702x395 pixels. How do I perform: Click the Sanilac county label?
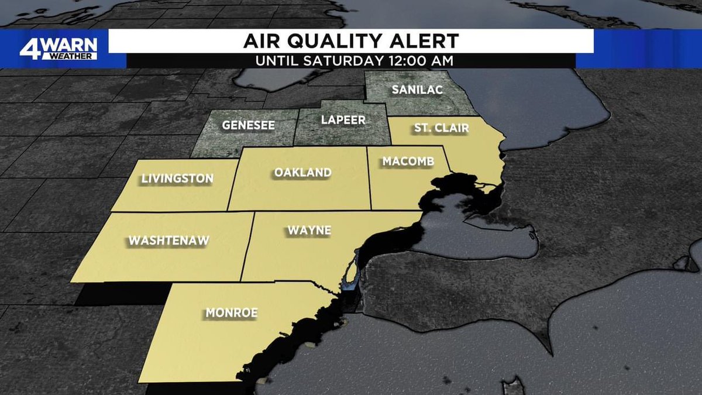(417, 90)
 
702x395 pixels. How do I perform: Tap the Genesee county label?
(248, 126)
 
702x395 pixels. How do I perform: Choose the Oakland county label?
(302, 173)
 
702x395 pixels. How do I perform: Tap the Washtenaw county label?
(168, 240)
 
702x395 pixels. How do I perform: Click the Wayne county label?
(308, 231)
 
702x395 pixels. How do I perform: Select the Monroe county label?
(231, 313)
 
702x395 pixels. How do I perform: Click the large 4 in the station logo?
(29, 49)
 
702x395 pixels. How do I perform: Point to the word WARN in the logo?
(70, 45)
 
